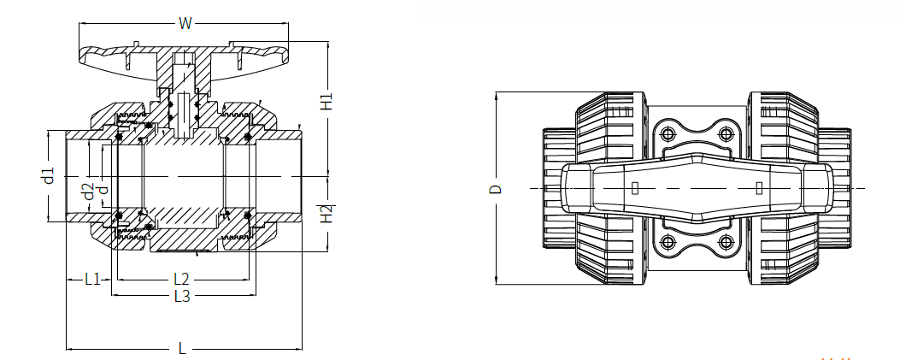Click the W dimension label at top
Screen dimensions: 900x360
coord(185,24)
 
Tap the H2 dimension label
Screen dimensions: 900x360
coord(326,214)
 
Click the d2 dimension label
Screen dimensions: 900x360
coord(88,192)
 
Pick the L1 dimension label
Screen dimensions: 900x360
coord(92,280)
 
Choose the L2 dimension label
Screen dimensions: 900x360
coord(181,280)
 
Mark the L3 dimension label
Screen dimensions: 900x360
coord(182,296)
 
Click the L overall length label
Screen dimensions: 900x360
coord(183,348)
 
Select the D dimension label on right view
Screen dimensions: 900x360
coord(497,189)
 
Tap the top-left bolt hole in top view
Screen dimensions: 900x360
coord(667,135)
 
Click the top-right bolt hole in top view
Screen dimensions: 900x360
coord(727,135)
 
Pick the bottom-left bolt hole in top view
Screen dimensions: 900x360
coord(667,241)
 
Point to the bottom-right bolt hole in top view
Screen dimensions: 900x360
coord(727,241)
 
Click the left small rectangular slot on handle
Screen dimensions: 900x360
coord(635,188)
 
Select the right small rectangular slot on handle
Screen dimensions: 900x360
coord(758,188)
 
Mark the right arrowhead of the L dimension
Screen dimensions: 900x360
coord(298,348)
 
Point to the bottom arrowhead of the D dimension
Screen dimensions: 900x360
coord(497,280)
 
